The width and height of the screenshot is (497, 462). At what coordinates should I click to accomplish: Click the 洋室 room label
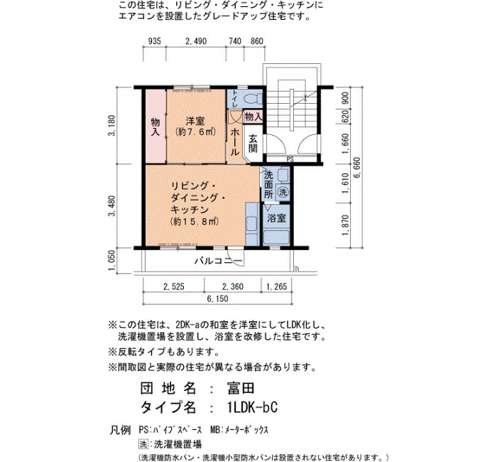[x=195, y=122]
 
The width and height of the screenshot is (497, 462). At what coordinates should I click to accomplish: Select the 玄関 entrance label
[x=253, y=144]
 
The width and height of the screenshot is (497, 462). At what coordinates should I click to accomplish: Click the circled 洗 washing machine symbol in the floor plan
[x=283, y=192]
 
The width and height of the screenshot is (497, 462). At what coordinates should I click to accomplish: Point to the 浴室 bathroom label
[x=276, y=217]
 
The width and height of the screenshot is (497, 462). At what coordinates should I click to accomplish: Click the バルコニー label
[x=219, y=261]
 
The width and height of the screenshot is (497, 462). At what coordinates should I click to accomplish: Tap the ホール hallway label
[x=234, y=142]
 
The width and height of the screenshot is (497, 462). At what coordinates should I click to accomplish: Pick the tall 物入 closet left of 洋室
[x=155, y=127]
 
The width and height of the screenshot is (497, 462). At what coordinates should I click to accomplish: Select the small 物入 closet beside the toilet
[x=253, y=117]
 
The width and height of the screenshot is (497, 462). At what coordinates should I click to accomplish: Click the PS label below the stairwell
[x=290, y=160]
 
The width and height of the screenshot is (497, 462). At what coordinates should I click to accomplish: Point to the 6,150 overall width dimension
[x=217, y=299]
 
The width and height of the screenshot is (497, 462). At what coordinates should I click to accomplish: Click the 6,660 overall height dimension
[x=357, y=168]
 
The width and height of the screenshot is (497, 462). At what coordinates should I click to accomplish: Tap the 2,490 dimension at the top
[x=196, y=41]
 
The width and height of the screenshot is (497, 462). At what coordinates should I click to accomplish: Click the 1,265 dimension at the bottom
[x=276, y=287]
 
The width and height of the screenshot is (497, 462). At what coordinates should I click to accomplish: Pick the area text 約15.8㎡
[x=195, y=222]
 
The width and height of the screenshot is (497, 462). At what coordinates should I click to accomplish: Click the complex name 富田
[x=241, y=388]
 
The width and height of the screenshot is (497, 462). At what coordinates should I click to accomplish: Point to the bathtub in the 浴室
[x=276, y=237]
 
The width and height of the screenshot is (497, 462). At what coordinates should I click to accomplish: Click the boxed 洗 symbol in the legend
[x=143, y=444]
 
